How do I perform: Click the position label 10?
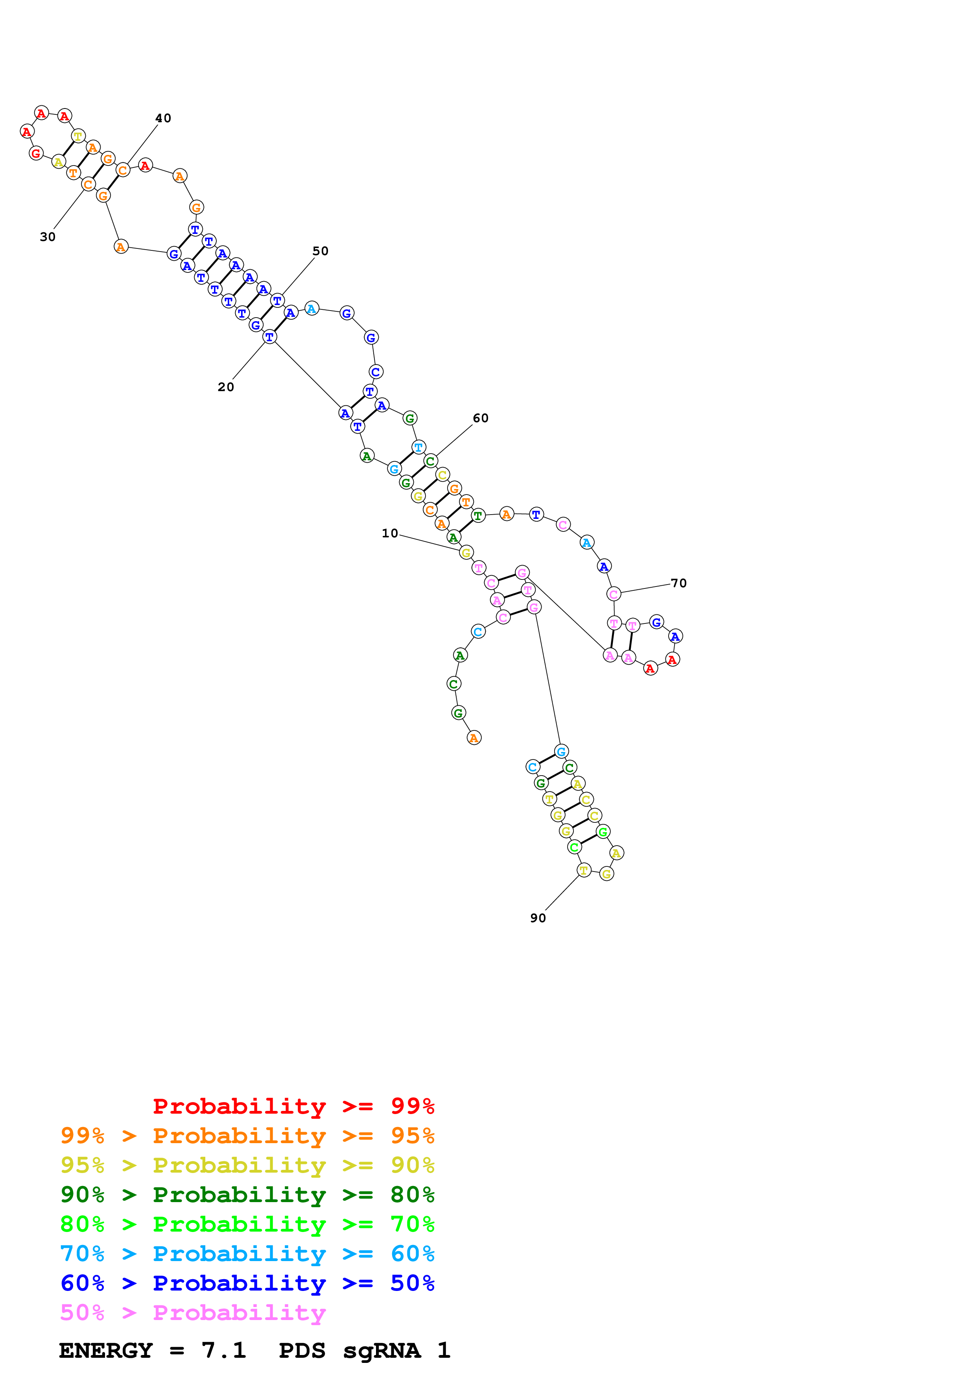pyautogui.click(x=390, y=533)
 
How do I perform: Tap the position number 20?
pyautogui.click(x=226, y=387)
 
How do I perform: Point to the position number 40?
pyautogui.click(x=163, y=118)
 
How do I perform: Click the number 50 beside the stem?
pyautogui.click(x=321, y=251)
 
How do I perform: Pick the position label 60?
pyautogui.click(x=481, y=418)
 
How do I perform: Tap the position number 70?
pyautogui.click(x=679, y=583)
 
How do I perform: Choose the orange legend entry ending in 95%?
pyautogui.click(x=247, y=1136)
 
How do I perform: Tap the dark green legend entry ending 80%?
pyautogui.click(x=247, y=1195)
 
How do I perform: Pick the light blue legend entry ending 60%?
pyautogui.click(x=247, y=1254)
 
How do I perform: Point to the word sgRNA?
pyautogui.click(x=382, y=1350)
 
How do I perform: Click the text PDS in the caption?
pyautogui.click(x=302, y=1350)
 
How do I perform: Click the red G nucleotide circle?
pyautogui.click(x=36, y=153)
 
